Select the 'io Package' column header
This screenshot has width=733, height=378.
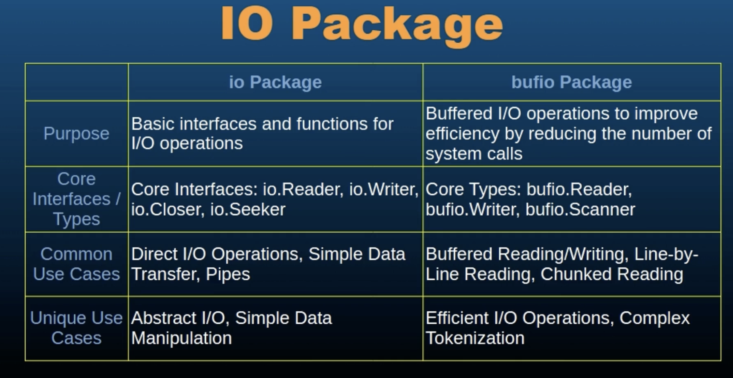pos(275,82)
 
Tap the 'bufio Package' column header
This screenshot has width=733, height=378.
pos(571,82)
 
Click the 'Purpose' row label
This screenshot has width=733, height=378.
pos(76,134)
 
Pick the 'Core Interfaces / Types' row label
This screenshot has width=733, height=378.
pos(76,199)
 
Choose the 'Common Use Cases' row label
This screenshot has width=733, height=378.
pos(76,264)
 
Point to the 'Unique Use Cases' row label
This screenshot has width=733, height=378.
pos(76,328)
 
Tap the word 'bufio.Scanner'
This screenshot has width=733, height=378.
pos(580,210)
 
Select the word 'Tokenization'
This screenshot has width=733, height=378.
pos(475,338)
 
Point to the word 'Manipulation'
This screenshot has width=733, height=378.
pos(181,338)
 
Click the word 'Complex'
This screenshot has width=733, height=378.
pos(654,318)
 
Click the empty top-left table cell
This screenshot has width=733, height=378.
pos(76,82)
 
